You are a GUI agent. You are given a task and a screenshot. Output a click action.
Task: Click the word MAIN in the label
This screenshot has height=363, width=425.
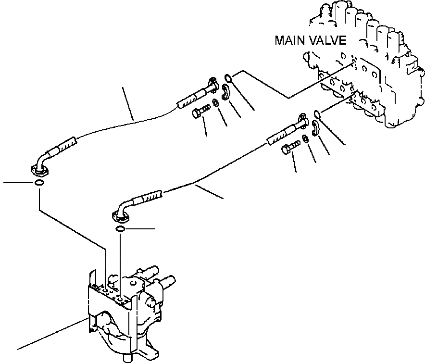tap(289, 40)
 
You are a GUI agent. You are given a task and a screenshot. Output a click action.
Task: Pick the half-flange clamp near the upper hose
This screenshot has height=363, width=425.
tap(225, 92)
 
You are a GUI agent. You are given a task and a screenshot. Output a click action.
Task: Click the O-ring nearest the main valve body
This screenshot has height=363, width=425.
tap(316, 114)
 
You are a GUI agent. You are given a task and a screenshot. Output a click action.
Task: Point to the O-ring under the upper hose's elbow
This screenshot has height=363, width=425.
tap(40, 183)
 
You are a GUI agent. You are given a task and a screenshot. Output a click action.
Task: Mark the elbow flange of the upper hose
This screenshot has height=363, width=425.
tap(38, 170)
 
